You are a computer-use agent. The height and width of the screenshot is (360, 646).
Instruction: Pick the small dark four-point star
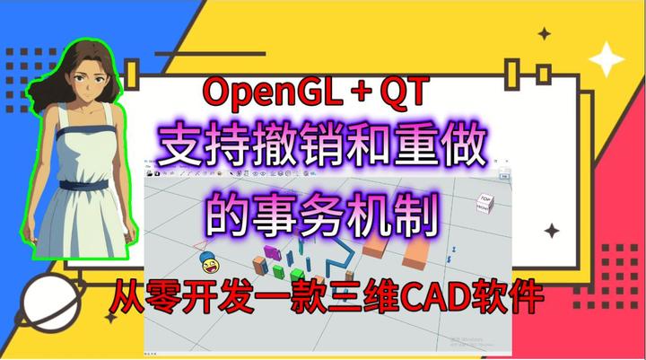pyautogui.click(x=545, y=34)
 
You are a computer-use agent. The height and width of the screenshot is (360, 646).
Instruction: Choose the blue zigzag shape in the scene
pyautogui.click(x=338, y=261)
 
